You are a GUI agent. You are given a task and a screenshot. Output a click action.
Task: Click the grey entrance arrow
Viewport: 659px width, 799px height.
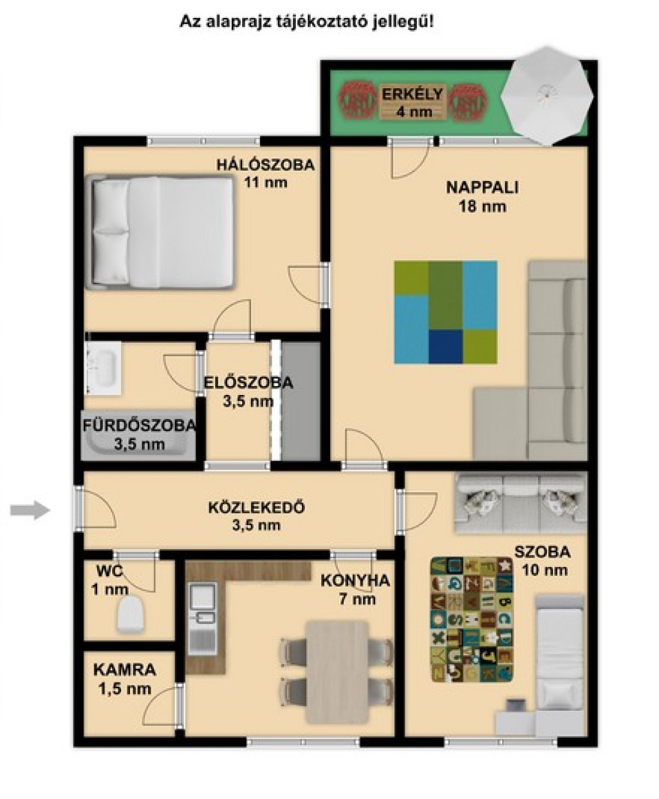(x=30, y=510)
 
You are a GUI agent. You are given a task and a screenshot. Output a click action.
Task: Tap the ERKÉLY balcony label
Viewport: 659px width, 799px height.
(x=413, y=94)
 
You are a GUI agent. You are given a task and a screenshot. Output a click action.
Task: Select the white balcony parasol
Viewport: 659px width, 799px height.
(x=548, y=95)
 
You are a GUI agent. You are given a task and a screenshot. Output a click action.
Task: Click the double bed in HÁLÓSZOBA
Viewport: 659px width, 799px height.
(x=160, y=232)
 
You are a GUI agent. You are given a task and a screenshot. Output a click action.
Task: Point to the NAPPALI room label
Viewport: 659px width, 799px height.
(x=483, y=188)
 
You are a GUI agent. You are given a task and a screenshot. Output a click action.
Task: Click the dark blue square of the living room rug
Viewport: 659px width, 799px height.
(x=446, y=346)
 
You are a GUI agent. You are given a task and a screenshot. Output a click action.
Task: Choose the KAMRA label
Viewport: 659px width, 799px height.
(x=125, y=669)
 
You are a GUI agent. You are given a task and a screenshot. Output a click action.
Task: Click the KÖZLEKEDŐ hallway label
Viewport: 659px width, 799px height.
(x=257, y=508)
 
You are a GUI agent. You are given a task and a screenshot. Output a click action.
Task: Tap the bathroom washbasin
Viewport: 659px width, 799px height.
(x=103, y=368)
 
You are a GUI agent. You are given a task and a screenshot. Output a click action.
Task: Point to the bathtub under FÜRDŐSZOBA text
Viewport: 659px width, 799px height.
(x=138, y=435)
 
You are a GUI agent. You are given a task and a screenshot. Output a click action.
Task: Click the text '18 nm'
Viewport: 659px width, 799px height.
(x=483, y=207)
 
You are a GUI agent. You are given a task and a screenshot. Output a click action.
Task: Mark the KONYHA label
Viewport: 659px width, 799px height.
(x=355, y=581)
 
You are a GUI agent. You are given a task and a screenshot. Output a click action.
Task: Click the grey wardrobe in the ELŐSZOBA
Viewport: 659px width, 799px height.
(x=301, y=401)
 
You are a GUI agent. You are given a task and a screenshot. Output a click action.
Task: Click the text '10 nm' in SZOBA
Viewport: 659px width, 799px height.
(x=544, y=570)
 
